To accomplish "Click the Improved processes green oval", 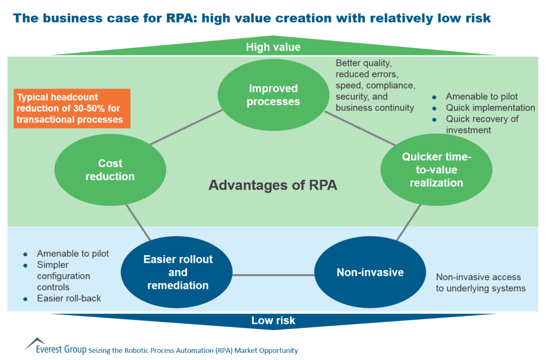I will [273, 95].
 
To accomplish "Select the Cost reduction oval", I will [110, 170].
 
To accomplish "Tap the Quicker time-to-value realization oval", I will [436, 170].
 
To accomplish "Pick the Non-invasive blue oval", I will [370, 272].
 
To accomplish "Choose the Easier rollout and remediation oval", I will [177, 272].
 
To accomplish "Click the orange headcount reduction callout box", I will [72, 108].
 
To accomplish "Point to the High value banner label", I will [273, 47].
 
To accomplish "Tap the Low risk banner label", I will [273, 320].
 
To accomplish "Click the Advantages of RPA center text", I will [273, 185].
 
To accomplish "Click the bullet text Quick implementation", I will [490, 108].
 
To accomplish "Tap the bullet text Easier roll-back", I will [69, 298].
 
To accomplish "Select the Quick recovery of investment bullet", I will [482, 124].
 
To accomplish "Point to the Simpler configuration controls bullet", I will [63, 275].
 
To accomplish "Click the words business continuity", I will [374, 108].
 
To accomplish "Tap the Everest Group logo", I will [54, 348].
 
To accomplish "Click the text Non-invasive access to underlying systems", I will [480, 282].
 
